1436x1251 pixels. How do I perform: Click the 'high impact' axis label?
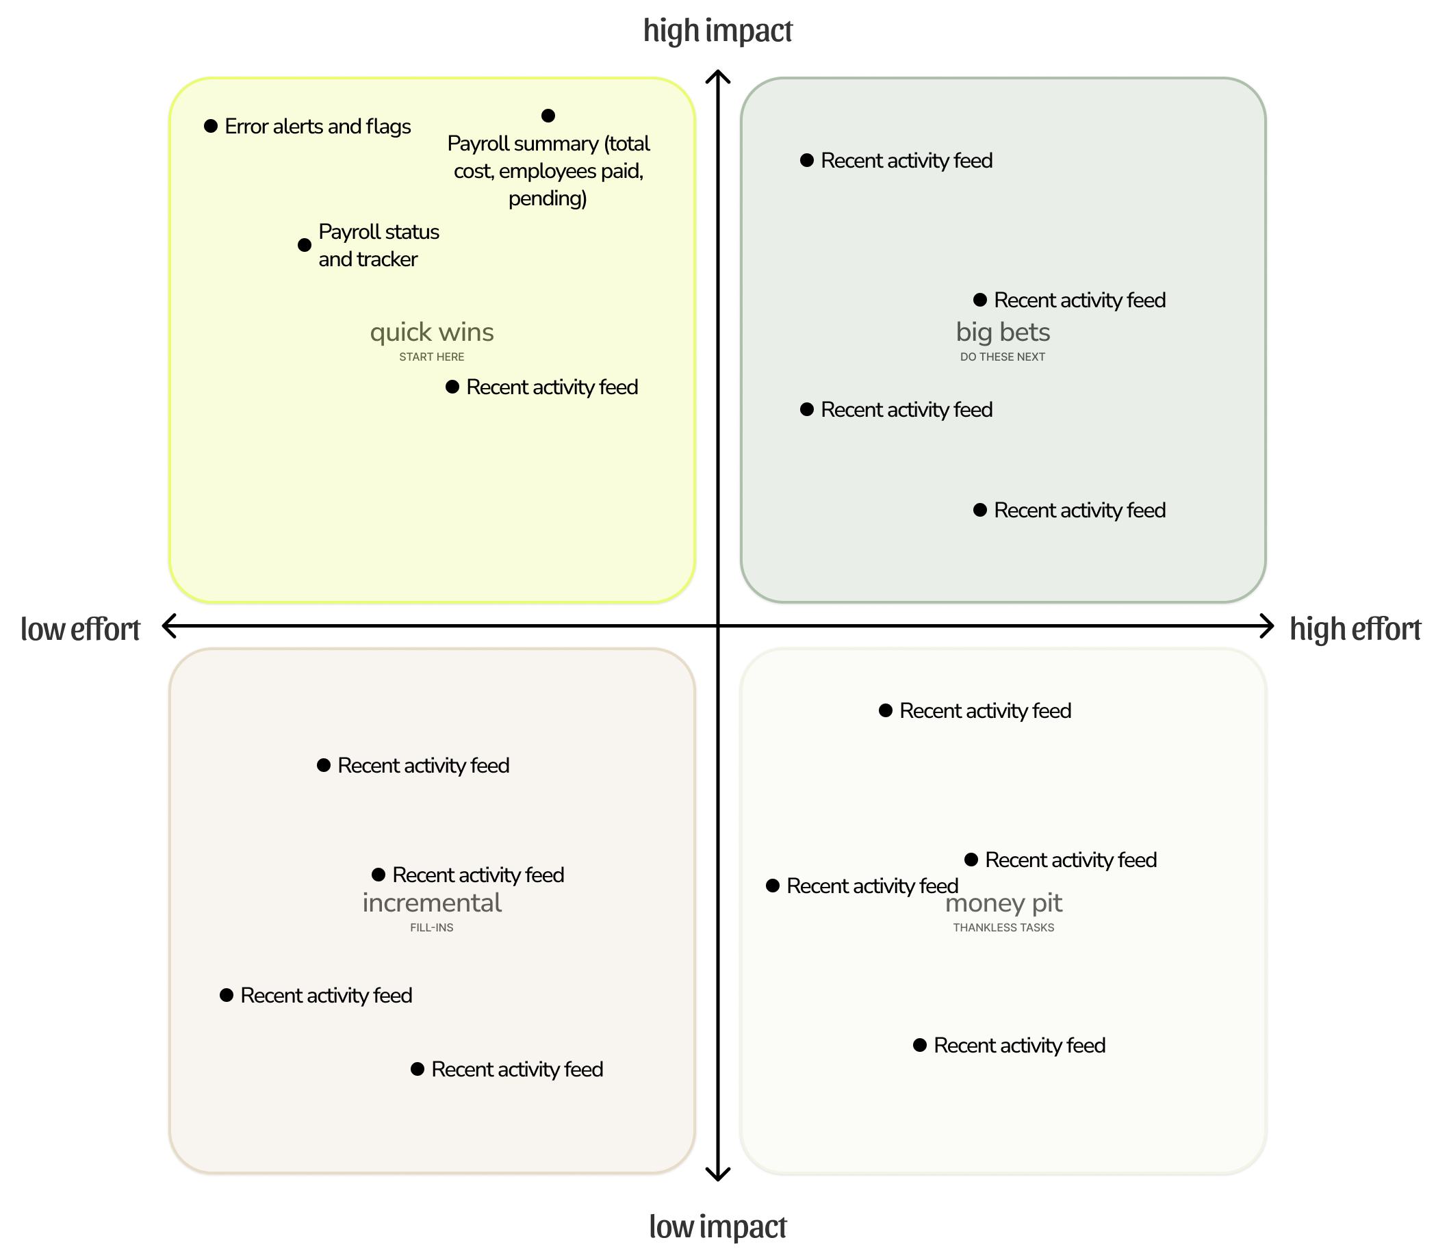pos(717,31)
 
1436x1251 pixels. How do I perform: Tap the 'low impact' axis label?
pos(717,1226)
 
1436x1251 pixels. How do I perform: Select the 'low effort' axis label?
pos(80,629)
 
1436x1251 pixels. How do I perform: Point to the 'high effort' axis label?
pos(1355,629)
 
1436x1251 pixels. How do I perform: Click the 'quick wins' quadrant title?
pos(431,333)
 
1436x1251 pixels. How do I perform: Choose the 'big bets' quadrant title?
pos(1003,333)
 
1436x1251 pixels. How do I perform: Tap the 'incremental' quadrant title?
pos(431,903)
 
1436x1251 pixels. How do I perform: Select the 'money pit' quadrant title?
pos(1003,903)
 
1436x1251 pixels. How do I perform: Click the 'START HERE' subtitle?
pos(431,357)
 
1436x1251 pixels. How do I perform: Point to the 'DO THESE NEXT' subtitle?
pos(1003,357)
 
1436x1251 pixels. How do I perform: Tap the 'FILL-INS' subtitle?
pos(431,928)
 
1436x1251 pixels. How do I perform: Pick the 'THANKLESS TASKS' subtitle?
pos(1003,928)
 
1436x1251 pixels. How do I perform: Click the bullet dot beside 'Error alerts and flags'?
pos(211,127)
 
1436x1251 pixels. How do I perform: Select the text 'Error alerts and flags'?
pos(318,127)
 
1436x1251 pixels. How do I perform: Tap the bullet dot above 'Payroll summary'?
pos(548,116)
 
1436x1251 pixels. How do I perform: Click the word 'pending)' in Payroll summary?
pos(548,199)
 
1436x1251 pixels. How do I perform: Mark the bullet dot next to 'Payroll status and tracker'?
pos(305,245)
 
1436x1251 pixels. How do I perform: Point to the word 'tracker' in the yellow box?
pos(386,259)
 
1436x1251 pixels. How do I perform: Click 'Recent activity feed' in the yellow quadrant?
pos(552,387)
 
